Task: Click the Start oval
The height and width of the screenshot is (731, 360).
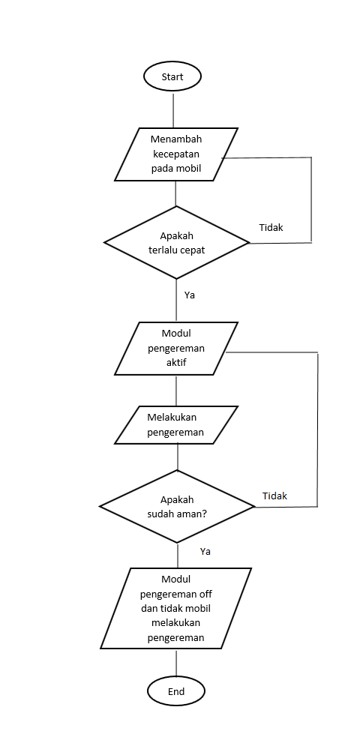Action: click(172, 76)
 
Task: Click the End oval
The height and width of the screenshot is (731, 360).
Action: click(176, 691)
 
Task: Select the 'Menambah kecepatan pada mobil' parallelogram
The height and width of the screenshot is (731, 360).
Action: click(176, 154)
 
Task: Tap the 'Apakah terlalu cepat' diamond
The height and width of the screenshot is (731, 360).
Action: click(176, 242)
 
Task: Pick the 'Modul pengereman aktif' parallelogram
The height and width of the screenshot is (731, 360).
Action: click(176, 349)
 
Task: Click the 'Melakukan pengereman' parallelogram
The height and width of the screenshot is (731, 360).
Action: click(176, 425)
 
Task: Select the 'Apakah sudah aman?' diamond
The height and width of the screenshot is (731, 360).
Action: click(177, 508)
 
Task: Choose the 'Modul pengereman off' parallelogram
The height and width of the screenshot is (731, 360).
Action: click(176, 608)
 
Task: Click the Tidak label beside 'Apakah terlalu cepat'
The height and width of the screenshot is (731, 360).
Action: click(271, 227)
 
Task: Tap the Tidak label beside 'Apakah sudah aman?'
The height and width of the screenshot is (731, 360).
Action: click(274, 496)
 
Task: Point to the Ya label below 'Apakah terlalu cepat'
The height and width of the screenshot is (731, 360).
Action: click(190, 295)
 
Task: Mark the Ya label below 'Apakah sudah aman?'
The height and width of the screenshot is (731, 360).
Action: click(205, 551)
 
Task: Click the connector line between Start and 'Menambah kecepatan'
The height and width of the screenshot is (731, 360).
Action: click(173, 109)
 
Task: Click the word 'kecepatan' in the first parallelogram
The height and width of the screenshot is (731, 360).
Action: click(176, 154)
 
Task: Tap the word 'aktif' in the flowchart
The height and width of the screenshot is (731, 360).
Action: click(176, 362)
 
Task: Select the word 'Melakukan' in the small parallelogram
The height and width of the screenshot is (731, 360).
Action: click(176, 418)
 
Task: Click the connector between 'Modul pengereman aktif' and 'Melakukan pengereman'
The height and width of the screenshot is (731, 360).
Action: click(176, 391)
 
